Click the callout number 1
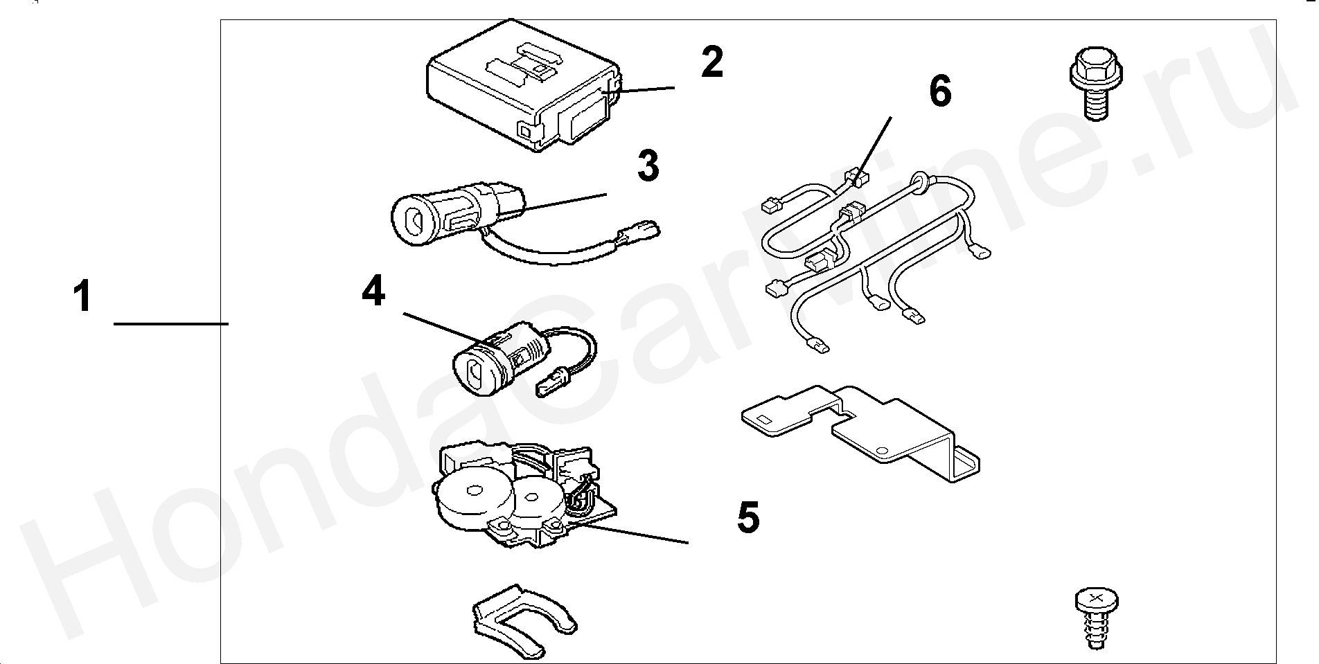(x=82, y=296)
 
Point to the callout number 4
(x=373, y=291)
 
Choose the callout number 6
(x=940, y=92)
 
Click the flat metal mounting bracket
(x=859, y=429)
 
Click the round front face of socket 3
(x=414, y=219)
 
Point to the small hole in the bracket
(x=882, y=451)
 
